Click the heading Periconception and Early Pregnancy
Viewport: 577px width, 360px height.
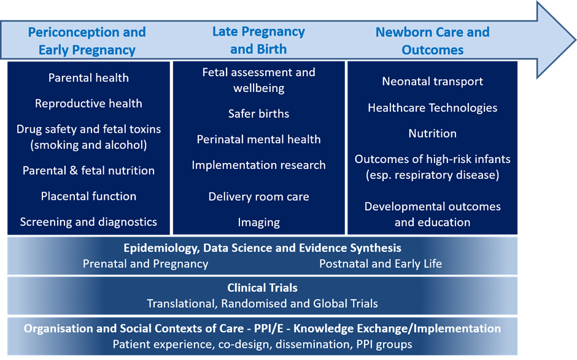(x=87, y=41)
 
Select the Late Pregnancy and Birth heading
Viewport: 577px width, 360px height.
(x=258, y=40)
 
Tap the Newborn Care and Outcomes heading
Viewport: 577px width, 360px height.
(x=432, y=41)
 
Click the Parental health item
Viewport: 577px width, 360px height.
(x=88, y=77)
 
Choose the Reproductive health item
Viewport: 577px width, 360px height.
(x=88, y=103)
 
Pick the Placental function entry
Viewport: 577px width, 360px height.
(x=88, y=196)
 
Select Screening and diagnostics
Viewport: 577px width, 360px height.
(x=88, y=222)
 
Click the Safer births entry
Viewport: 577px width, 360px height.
(x=258, y=114)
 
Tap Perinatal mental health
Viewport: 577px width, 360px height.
(x=258, y=139)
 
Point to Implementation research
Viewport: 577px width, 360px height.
(x=258, y=165)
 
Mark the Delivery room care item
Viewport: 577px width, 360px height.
(x=258, y=197)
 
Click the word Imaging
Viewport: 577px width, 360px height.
(x=258, y=222)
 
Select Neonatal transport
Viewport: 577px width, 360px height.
(x=432, y=81)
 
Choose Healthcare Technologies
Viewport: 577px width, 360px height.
(x=432, y=108)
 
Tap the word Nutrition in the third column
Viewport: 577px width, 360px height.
(x=432, y=133)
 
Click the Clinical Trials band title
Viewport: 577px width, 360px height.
(x=262, y=288)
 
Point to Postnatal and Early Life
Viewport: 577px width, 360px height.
(x=380, y=264)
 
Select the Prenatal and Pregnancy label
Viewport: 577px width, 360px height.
(x=145, y=264)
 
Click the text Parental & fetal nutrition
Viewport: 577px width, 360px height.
(x=88, y=170)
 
